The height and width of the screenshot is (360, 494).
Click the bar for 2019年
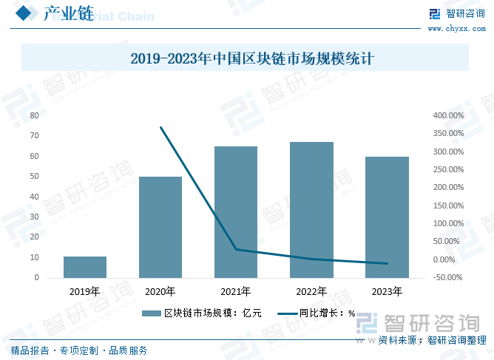tap(85, 267)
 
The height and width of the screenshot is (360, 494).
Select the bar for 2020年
tap(160, 227)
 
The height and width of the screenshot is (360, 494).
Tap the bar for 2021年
tap(236, 212)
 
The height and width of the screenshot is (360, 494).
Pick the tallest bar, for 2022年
tap(311, 210)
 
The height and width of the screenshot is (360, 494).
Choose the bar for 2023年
tap(388, 217)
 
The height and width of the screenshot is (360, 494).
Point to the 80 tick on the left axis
tap(34, 116)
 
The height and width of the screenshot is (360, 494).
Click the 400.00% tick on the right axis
tap(448, 116)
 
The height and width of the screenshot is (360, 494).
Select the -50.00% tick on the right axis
tap(448, 278)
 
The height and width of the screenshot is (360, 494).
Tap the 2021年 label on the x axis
tap(236, 291)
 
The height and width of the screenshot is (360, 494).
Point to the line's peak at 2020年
tap(161, 127)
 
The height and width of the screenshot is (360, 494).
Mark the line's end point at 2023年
tap(388, 263)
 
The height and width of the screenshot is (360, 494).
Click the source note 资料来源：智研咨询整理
tap(432, 341)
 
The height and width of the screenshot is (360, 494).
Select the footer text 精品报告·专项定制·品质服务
tap(79, 350)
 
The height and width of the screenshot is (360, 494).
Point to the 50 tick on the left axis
tap(34, 177)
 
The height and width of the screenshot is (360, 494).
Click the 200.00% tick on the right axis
tap(448, 188)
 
